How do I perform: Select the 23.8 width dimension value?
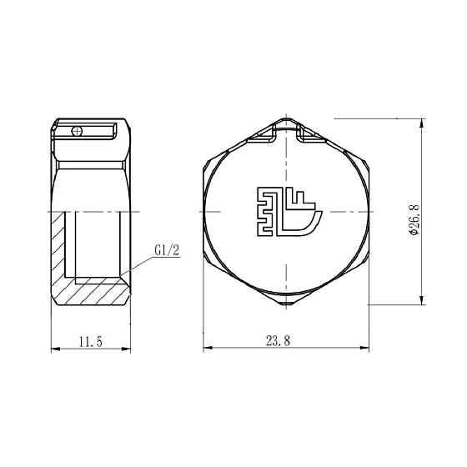click(279, 340)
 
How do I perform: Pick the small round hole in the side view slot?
click(77, 130)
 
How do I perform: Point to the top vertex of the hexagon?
click(286, 118)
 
